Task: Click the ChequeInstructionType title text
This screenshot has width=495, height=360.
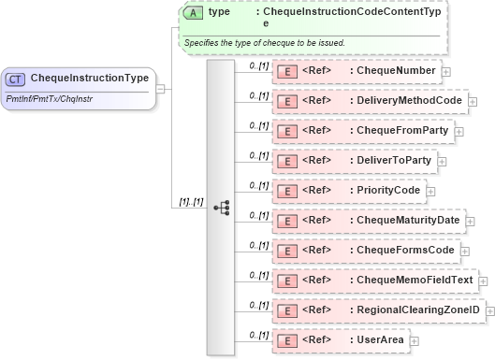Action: [89, 77]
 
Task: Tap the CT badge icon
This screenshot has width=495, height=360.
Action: [18, 78]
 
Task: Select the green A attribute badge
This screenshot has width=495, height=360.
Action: [194, 12]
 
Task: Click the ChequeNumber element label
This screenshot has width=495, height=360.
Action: [391, 70]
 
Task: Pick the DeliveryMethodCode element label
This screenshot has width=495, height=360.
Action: [405, 100]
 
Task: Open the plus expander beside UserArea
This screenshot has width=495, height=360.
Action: [415, 340]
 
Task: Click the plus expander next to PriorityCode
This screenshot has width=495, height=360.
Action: [431, 191]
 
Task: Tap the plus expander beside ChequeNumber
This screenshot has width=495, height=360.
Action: [446, 71]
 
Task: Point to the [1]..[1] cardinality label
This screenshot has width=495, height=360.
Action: [191, 202]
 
